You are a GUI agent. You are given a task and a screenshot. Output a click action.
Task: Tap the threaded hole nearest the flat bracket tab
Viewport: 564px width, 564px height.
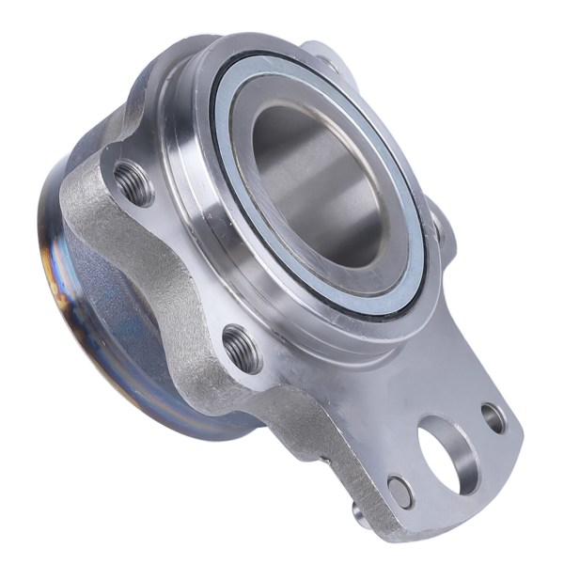click(243, 348)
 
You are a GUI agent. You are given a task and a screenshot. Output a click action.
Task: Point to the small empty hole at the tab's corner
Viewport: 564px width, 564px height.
click(493, 417)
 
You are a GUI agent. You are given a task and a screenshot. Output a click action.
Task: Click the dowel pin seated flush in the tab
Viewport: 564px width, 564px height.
click(399, 491)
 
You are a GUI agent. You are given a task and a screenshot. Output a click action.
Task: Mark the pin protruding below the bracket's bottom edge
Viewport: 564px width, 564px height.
click(358, 512)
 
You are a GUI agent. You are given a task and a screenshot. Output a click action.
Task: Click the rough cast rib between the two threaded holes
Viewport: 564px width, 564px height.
click(174, 263)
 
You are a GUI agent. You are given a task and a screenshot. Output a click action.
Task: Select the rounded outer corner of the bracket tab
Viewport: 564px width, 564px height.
click(515, 442)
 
